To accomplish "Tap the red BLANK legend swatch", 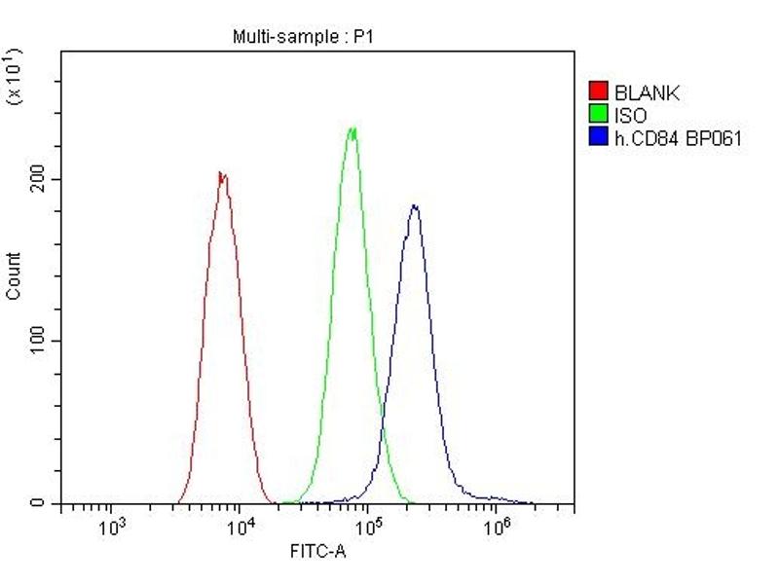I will [x=599, y=92].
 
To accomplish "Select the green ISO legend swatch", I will [x=599, y=115].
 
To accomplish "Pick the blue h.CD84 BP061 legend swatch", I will [x=599, y=137].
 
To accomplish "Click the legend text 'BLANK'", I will [x=647, y=93].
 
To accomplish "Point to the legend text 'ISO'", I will [x=630, y=116].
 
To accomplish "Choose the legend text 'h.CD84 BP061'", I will [x=678, y=138].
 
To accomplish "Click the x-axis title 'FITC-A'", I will [x=317, y=552].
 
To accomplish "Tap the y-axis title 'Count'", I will [x=14, y=275].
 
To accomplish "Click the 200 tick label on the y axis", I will [x=37, y=179].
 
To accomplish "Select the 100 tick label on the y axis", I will [x=37, y=341].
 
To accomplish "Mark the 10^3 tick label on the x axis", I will [x=113, y=529].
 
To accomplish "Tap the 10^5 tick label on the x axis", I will [x=369, y=529].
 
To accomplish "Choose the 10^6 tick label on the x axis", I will [x=498, y=529].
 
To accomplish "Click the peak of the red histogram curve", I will [x=222, y=174].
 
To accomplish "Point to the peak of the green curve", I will [x=352, y=128].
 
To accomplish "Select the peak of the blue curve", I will [x=415, y=206].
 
